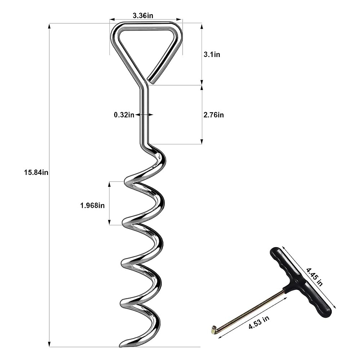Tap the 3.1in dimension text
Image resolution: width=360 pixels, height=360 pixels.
coord(212,55)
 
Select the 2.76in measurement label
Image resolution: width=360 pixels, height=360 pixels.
coord(214,115)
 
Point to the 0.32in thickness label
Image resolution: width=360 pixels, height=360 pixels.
coord(124,115)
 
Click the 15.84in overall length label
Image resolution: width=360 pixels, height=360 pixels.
coord(36,172)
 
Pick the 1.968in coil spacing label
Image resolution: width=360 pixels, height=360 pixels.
coord(92,205)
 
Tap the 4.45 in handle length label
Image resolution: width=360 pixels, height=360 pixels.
coord(314,277)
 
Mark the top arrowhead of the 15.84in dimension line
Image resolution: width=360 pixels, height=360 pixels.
coord(49,25)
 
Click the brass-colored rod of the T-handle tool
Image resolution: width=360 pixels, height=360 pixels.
coord(252,309)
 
